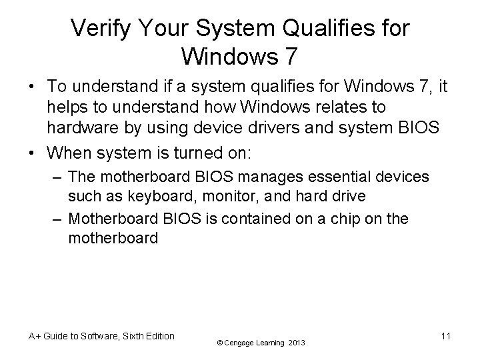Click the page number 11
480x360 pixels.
[445, 336]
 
